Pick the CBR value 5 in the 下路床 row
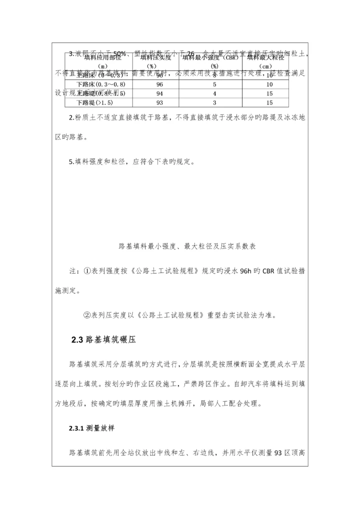214,84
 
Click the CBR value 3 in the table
214,103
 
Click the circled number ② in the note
86,315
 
